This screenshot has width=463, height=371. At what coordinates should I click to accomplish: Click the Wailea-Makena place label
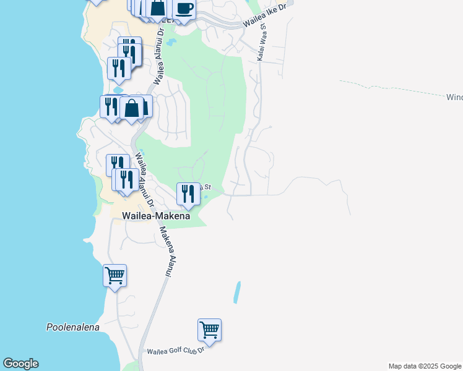pos(151,216)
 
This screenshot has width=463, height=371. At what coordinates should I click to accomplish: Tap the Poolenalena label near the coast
pos(73,327)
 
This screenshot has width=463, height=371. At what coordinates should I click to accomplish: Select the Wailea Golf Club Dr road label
pos(175,351)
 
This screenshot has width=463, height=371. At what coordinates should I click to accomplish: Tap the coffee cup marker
pos(184,9)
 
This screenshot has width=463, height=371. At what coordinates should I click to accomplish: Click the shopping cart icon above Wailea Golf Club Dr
pos(210,330)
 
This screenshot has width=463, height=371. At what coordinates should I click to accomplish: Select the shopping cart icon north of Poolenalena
pos(115,275)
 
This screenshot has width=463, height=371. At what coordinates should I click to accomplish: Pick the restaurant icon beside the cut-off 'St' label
pos(188,194)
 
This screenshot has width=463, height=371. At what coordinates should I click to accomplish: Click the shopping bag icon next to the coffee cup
pos(158,8)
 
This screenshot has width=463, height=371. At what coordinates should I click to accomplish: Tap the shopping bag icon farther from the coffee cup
pos(132,108)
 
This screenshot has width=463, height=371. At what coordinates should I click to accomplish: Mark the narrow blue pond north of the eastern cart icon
pos(236,292)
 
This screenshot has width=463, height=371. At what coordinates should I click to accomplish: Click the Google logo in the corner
pos(20,364)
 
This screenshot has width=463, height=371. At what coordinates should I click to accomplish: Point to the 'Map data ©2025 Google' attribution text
pos(424,366)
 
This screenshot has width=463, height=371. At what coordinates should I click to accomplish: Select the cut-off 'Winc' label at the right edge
pos(454,97)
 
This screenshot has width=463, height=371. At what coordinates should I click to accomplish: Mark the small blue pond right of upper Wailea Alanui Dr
pos(171,43)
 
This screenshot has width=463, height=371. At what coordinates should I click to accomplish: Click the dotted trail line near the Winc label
pos(396,88)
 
